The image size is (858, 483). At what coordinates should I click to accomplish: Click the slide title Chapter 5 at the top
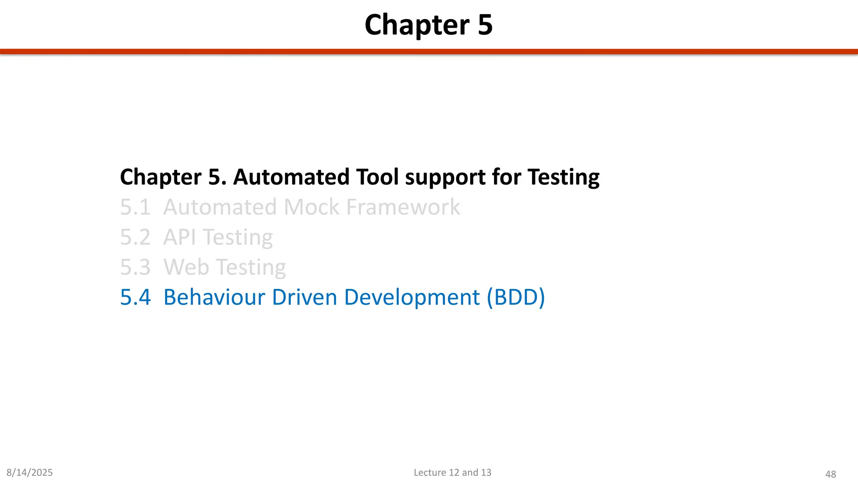[429, 25]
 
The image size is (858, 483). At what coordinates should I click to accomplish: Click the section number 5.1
[135, 207]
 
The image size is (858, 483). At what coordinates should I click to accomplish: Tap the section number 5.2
[135, 237]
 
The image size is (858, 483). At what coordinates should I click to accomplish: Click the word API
[179, 237]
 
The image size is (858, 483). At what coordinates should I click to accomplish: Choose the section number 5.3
[135, 267]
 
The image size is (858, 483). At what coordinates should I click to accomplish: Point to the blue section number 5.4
[135, 297]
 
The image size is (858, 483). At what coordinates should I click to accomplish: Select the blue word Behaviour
[214, 297]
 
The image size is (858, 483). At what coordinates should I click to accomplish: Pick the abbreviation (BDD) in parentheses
[516, 297]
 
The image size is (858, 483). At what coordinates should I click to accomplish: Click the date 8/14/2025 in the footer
[30, 473]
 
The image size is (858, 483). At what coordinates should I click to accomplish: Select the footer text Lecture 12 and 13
[452, 473]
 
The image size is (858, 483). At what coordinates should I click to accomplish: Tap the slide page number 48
[830, 474]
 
